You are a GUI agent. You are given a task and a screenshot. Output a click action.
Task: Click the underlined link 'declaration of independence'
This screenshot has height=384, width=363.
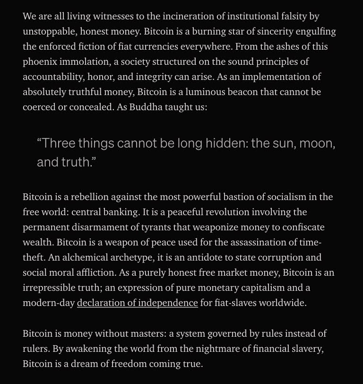tap(137, 303)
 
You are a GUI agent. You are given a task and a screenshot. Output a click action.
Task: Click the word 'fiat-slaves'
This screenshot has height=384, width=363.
tap(236, 303)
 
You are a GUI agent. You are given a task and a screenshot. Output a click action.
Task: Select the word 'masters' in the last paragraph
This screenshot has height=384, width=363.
tap(145, 333)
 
